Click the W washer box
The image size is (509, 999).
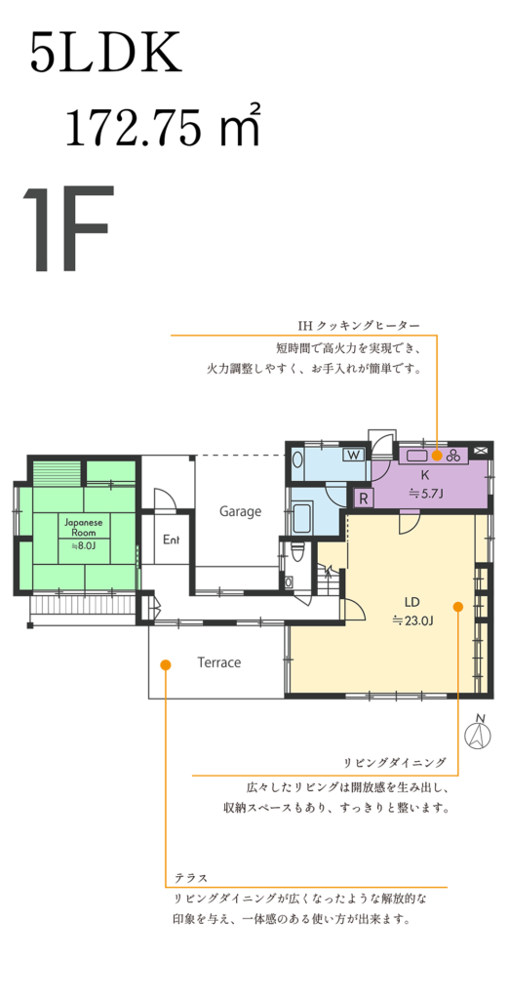(353, 455)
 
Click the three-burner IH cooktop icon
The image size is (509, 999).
(454, 455)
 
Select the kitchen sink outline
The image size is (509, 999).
(418, 455)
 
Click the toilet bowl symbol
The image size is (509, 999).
(297, 552)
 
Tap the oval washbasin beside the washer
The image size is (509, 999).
(297, 460)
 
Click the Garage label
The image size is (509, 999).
(240, 511)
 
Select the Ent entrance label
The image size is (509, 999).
(172, 539)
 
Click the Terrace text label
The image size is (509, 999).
(219, 662)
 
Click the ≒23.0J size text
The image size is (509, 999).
(412, 619)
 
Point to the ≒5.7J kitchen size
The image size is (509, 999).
(425, 493)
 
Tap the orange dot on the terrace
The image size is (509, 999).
(165, 664)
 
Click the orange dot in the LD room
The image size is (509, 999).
(457, 607)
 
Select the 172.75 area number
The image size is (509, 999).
(145, 128)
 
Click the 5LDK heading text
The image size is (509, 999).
(105, 55)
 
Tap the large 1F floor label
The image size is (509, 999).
(69, 229)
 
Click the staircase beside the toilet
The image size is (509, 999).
(330, 578)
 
